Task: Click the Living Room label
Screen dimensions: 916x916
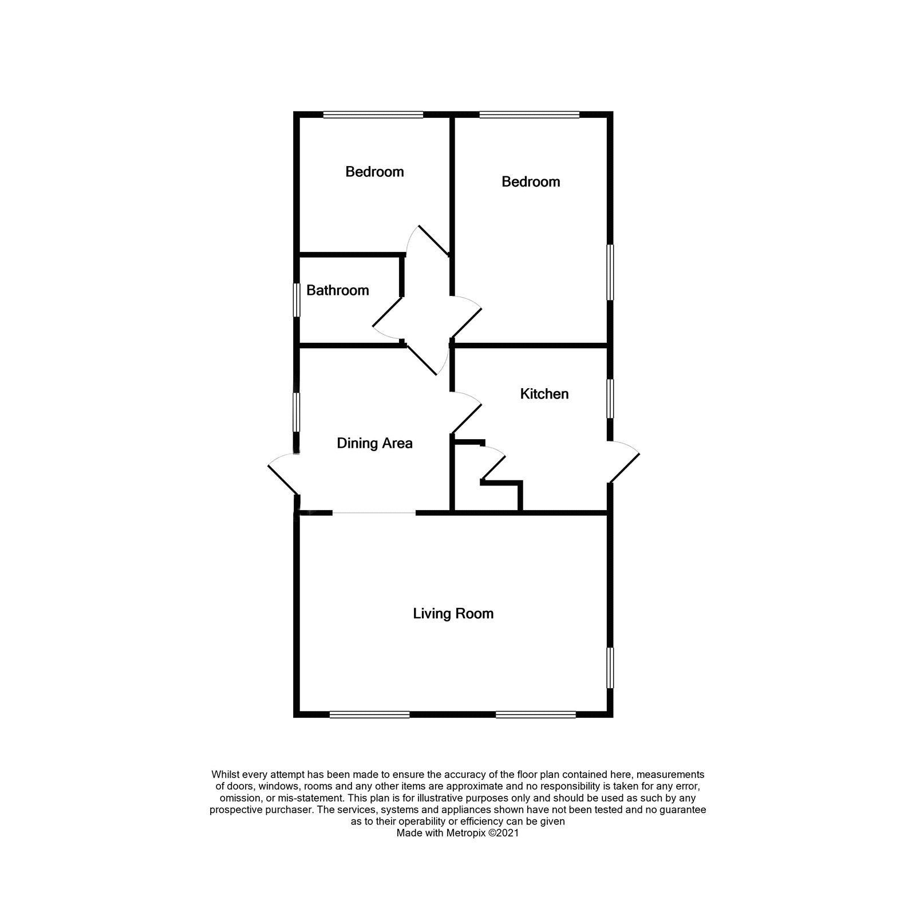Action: [x=453, y=614]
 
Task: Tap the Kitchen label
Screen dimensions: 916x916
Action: [x=544, y=394]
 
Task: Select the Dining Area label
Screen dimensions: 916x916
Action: [x=374, y=444]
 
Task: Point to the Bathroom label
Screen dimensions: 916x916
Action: [x=337, y=290]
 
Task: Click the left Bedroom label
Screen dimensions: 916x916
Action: [x=374, y=172]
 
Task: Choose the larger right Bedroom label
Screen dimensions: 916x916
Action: [x=531, y=181]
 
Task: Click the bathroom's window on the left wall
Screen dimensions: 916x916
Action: [x=297, y=299]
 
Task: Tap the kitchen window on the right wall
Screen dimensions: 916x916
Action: [x=610, y=398]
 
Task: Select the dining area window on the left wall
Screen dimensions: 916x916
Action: [x=297, y=412]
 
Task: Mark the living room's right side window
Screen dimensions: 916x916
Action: [x=610, y=668]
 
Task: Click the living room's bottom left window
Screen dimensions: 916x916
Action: [x=370, y=714]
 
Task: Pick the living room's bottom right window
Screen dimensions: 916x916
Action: [x=536, y=714]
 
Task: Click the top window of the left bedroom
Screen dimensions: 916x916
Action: [x=373, y=114]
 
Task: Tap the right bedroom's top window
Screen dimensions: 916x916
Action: [x=530, y=114]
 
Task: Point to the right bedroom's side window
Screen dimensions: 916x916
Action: [x=610, y=273]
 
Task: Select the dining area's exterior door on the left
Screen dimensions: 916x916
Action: [x=283, y=475]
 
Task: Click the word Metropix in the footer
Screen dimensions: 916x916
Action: [x=464, y=834]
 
